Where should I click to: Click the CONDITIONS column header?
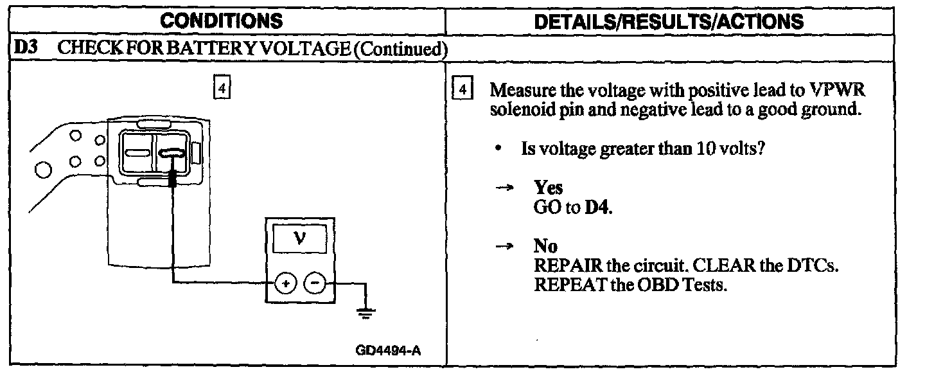pyautogui.click(x=221, y=21)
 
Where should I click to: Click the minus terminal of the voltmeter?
pyautogui.click(x=314, y=283)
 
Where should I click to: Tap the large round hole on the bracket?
pyautogui.click(x=44, y=170)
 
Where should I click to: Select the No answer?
pyautogui.click(x=545, y=246)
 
